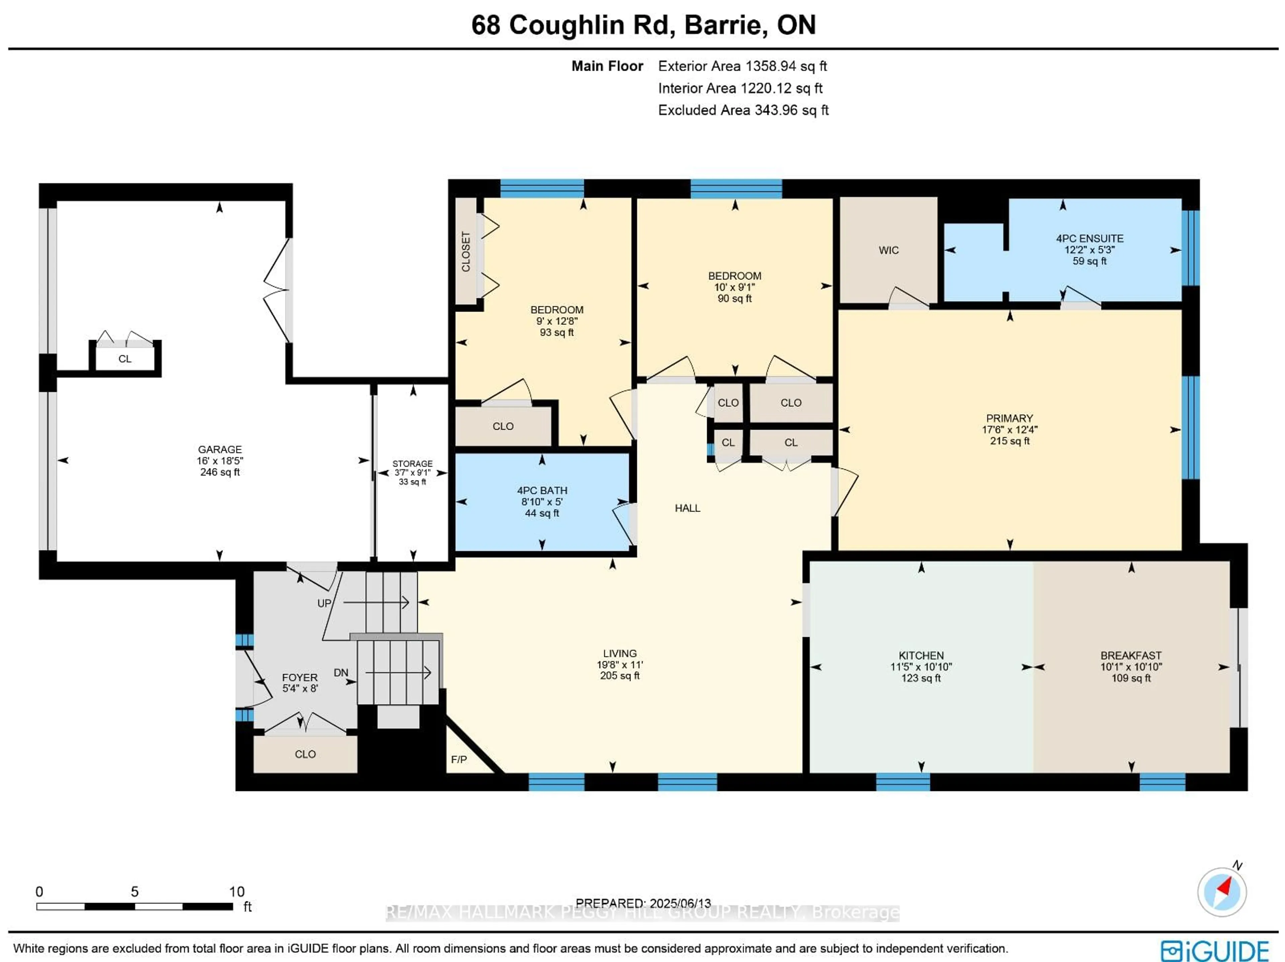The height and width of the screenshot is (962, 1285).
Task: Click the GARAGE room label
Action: [x=220, y=449]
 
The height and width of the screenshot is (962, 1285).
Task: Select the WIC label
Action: [x=888, y=250]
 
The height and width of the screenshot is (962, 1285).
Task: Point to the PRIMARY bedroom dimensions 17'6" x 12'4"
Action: [x=1009, y=430]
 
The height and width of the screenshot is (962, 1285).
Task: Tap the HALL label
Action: [x=687, y=508]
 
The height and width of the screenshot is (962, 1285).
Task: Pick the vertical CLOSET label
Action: [x=466, y=252]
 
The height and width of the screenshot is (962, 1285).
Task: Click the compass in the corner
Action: [x=1222, y=892]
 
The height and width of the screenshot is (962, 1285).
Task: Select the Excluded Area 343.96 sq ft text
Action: [x=743, y=110]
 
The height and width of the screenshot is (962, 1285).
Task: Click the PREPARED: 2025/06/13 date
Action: [x=643, y=903]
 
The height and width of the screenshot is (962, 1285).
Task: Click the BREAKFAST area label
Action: [x=1130, y=655]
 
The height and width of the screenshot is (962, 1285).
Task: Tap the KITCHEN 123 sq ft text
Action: [x=921, y=678]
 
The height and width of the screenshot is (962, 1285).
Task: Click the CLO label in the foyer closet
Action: [x=305, y=754]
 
